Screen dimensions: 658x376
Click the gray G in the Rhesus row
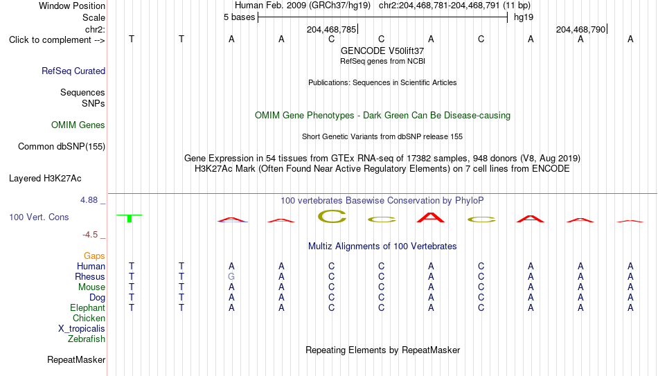231,276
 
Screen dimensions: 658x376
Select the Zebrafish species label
87,339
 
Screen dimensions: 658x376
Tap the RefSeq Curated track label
73,71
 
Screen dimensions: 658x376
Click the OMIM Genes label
78,125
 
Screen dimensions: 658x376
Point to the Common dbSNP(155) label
62,147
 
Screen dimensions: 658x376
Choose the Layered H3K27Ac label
45,179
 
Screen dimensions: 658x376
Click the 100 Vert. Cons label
39,217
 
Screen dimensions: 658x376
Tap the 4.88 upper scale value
89,200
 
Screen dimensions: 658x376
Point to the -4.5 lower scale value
90,235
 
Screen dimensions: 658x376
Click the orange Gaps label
94,256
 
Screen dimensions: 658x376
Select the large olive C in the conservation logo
332,216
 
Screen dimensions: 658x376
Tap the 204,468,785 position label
332,29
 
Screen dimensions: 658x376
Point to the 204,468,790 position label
581,29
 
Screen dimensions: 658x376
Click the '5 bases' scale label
239,17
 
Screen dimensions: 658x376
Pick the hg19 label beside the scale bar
524,17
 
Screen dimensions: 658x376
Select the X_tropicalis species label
82,329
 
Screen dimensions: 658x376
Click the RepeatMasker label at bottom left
76,359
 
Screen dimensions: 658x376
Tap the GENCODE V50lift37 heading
382,51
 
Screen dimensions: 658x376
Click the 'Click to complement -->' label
57,40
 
